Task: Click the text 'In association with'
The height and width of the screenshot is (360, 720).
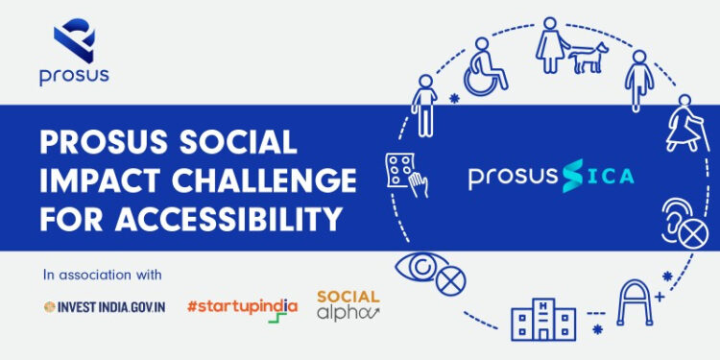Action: [x=103, y=276]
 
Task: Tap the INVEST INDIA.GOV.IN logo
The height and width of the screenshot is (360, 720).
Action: [x=106, y=306]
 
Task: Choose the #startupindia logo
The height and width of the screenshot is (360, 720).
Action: [x=242, y=307]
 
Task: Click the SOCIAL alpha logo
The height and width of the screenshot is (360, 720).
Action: [x=348, y=305]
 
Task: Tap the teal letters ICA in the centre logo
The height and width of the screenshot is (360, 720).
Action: [x=605, y=177]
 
